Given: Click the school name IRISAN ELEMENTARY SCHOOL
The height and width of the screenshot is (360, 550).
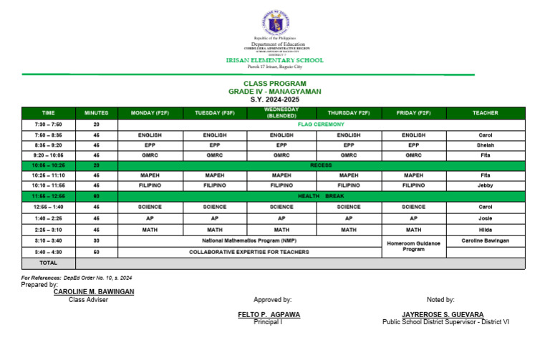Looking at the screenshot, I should coord(274,61).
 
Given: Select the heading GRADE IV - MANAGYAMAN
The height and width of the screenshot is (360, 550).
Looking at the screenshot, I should coord(274,92).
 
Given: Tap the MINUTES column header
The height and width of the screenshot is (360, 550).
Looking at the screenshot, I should coord(96,113).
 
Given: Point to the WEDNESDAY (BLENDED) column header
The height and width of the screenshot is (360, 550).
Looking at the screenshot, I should coord(281,113).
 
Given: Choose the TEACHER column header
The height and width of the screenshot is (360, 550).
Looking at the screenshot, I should coord(486,113).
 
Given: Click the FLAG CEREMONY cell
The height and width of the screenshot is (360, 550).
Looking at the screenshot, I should coord(321,124).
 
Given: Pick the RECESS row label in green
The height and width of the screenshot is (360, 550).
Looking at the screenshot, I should coord(321,165).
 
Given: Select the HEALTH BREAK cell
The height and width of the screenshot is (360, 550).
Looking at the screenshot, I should coord(321,195).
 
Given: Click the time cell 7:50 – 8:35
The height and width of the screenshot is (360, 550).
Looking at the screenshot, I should coord(48,135).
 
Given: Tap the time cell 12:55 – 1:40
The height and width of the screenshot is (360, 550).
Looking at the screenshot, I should coord(48,206).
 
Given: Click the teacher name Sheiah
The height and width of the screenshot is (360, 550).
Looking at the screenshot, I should coord(486,145).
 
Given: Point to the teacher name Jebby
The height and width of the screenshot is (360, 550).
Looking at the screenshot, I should coord(486,185).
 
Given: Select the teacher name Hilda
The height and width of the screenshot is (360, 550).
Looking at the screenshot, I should coord(486,230).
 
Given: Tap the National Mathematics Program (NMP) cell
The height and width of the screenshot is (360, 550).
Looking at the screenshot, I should coord(249,241).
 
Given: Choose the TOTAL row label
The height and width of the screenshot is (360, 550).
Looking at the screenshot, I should coord(48,263).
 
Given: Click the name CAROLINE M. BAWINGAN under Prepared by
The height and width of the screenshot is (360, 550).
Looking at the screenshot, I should coord(94,292).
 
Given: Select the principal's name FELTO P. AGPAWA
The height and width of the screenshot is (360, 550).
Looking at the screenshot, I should coord(269,315).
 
